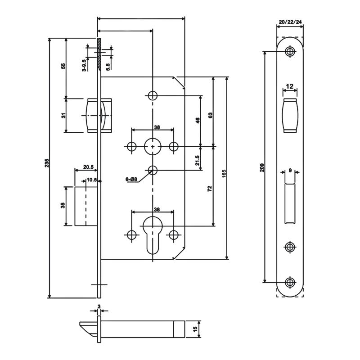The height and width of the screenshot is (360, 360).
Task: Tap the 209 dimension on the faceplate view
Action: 262,167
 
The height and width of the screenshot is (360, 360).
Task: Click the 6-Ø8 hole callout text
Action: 131,180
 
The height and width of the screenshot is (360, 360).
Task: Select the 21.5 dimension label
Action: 197,161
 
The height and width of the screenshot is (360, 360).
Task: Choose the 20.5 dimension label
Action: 88,167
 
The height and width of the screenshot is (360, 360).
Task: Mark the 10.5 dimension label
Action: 91,180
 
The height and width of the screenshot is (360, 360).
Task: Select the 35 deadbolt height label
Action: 63,205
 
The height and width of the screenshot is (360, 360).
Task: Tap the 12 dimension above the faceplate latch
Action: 289,86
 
